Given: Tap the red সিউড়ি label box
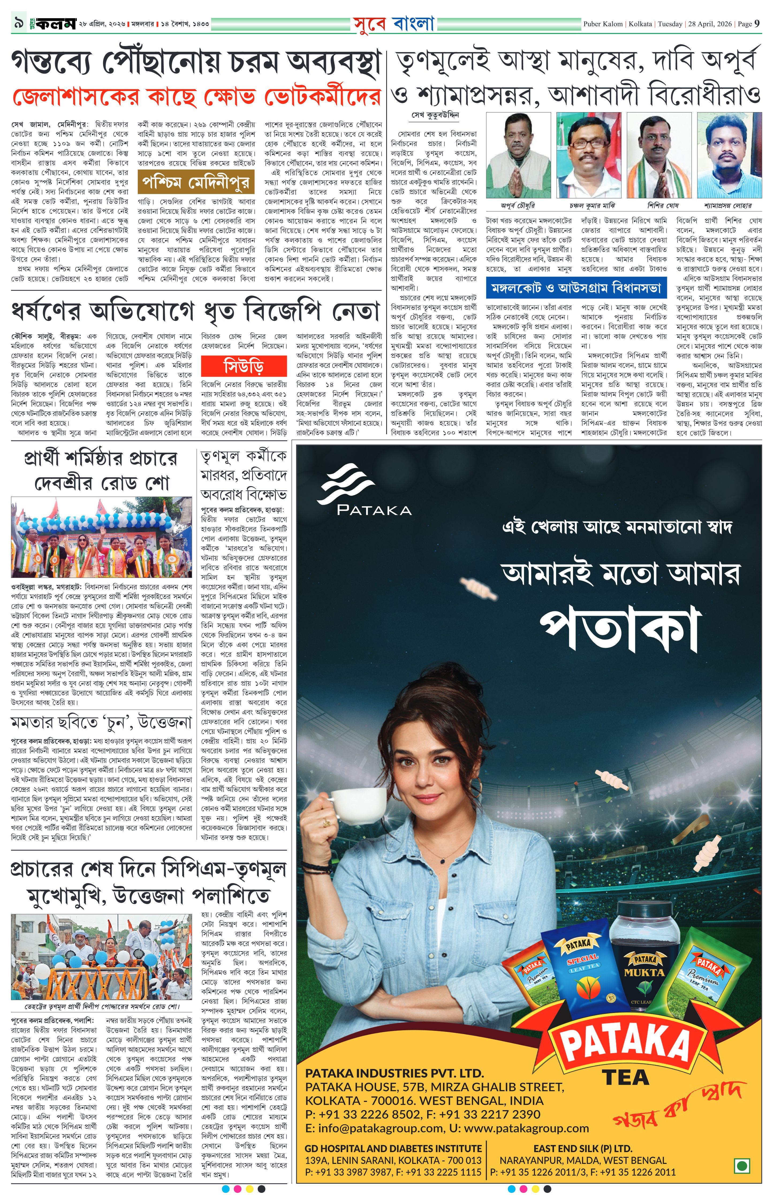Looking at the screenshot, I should (x=244, y=365).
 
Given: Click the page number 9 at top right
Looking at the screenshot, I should (x=757, y=24).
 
